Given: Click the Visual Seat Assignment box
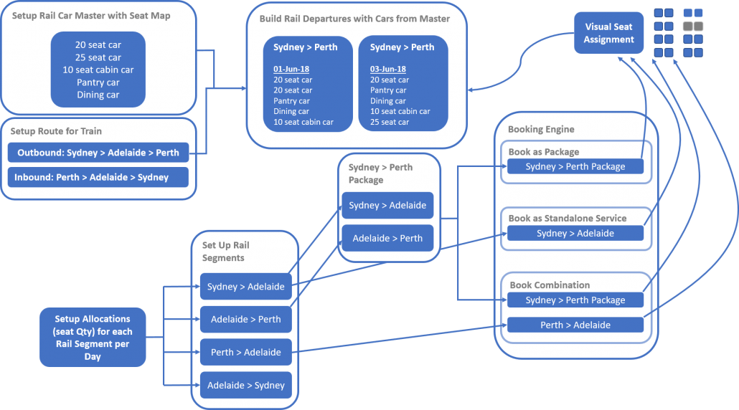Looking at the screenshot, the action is (x=608, y=33).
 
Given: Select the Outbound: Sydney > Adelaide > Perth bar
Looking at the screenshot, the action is (x=98, y=153).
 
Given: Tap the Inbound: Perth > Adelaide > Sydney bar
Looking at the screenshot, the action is (x=98, y=177).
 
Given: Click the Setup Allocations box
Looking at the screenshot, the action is (x=93, y=337).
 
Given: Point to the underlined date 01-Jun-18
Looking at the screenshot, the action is (x=291, y=69).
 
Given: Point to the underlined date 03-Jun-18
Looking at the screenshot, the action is (x=388, y=69).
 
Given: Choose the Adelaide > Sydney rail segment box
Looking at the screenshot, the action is (x=246, y=385).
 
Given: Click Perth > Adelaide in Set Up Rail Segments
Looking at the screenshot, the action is (x=246, y=352).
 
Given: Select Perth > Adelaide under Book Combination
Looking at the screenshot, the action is (x=575, y=325).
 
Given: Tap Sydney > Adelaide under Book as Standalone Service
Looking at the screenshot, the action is (x=575, y=233).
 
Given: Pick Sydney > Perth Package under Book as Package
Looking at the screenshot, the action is (x=575, y=166).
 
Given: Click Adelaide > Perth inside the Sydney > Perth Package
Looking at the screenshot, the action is (x=387, y=238).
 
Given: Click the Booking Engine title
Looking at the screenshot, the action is (x=541, y=129).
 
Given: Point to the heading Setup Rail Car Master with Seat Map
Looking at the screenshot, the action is (x=91, y=16).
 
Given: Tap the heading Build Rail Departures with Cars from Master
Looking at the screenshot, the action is (x=354, y=19).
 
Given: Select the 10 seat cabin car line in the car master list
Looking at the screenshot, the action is (x=98, y=70).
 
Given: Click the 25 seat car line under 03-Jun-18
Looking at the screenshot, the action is (x=390, y=122).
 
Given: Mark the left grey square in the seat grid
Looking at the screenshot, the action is (x=688, y=26).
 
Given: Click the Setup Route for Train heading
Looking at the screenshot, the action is (x=56, y=131).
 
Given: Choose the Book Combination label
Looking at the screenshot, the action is (x=550, y=285).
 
